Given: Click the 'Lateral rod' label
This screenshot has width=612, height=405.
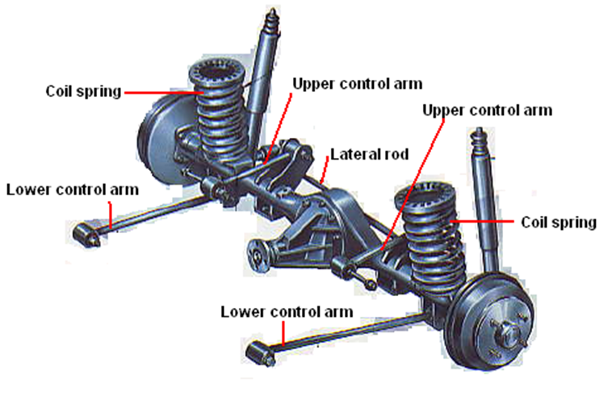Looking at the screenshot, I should click(371, 154).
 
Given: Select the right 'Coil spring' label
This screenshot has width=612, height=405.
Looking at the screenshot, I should click(558, 222).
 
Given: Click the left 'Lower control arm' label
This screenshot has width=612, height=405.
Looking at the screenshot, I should click(72, 190).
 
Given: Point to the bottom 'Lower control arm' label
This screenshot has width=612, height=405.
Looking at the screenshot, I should click(287, 311).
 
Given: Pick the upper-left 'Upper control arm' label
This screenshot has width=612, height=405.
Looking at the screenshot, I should click(357, 83).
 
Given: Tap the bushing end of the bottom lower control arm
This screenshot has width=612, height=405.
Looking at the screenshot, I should click(257, 352).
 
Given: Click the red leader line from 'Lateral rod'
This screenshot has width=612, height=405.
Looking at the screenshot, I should click(325, 169).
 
